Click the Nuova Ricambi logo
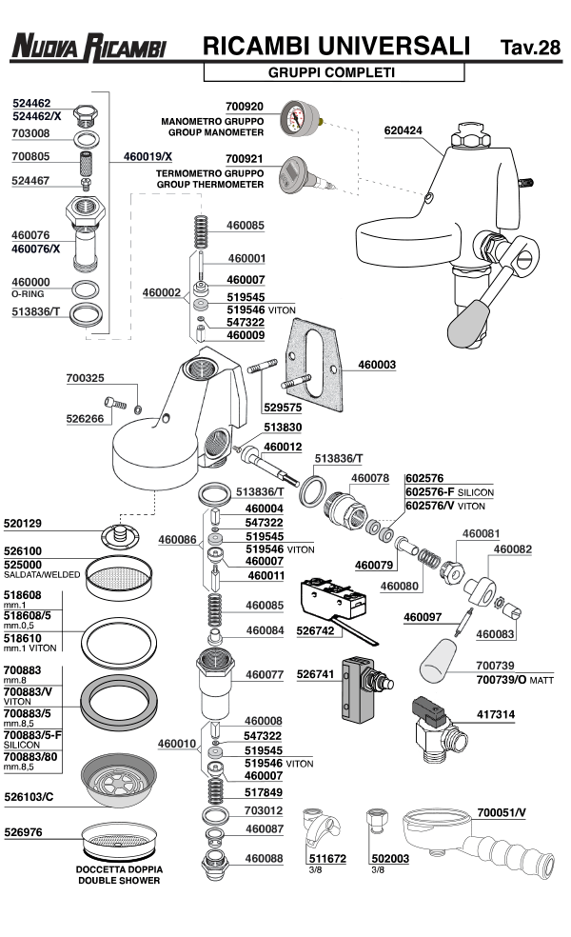pyautogui.click(x=89, y=46)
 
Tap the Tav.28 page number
pyautogui.click(x=529, y=47)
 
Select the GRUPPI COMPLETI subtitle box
pyautogui.click(x=333, y=72)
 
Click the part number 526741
pyautogui.click(x=315, y=673)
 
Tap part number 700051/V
pyautogui.click(x=502, y=811)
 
